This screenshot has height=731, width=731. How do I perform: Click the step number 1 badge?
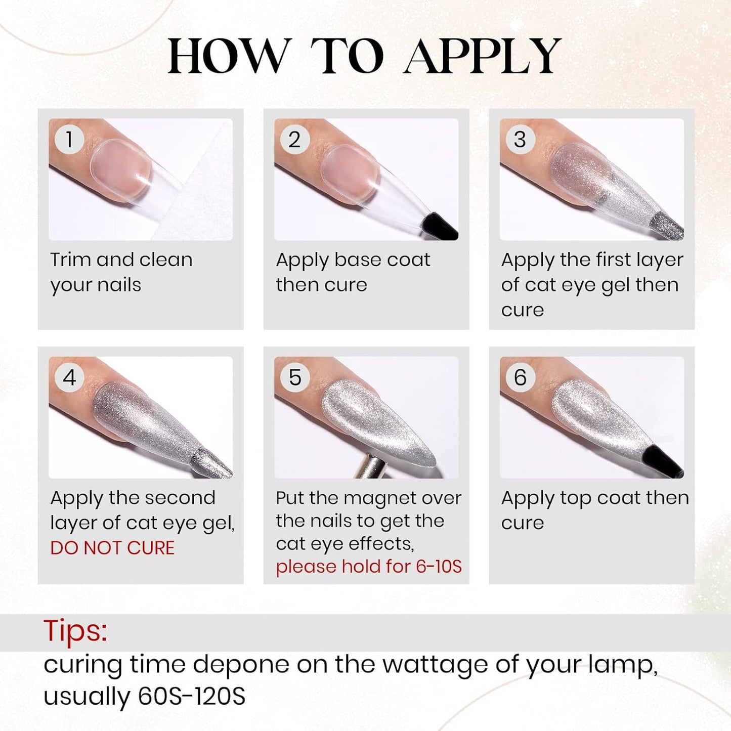pyautogui.click(x=69, y=139)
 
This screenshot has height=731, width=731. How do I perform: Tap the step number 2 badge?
pyautogui.click(x=295, y=139)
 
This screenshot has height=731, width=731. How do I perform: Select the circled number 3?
pyautogui.click(x=520, y=139)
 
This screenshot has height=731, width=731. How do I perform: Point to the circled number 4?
pyautogui.click(x=69, y=377)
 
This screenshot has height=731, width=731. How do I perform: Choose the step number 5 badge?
pyautogui.click(x=295, y=377)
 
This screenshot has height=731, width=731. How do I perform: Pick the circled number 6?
pyautogui.click(x=520, y=377)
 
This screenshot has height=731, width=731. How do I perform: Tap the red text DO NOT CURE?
pyautogui.click(x=112, y=548)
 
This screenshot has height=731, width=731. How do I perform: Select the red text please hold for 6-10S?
pyautogui.click(x=369, y=567)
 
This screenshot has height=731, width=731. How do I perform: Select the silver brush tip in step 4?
pyautogui.click(x=212, y=463)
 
